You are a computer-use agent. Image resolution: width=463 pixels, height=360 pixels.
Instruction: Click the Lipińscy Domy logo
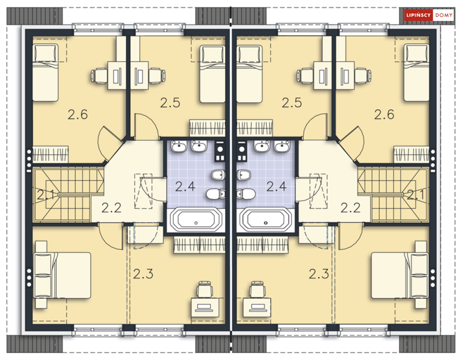coord(429,15)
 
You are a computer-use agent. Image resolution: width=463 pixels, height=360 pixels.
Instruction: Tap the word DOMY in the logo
coord(444,15)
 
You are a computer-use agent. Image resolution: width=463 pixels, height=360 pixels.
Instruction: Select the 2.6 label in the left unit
coord(78,114)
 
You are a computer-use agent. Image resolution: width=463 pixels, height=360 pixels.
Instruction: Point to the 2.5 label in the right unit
coord(292,103)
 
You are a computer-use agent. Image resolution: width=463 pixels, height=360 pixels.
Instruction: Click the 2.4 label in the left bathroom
coord(185,187)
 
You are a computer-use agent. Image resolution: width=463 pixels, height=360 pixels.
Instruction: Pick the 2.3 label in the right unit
coord(319,274)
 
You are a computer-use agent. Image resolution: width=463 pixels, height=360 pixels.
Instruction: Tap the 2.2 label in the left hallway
coord(111,208)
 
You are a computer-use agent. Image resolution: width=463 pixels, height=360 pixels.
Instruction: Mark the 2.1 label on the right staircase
coord(416,195)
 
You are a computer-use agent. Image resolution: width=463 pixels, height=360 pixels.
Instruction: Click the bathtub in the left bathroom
coord(196,220)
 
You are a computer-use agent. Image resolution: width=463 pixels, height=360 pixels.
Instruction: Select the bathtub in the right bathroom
coord(266,220)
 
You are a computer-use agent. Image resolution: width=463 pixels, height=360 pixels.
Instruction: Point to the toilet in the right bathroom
coord(246,194)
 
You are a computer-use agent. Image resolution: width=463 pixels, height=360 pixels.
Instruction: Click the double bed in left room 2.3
coord(63,275)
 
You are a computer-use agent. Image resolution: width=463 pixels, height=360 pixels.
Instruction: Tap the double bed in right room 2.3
coord(400,275)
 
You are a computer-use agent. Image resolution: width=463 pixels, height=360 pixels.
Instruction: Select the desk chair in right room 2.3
coord(257,289)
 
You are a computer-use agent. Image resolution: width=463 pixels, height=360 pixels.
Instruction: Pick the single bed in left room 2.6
coord(45,73)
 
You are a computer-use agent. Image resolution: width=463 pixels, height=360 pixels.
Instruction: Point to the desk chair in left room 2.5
coord(156,75)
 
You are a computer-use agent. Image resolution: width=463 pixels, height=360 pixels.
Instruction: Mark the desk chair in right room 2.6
coord(362,75)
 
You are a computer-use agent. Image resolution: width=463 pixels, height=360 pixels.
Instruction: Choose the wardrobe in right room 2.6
coord(411,154)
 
